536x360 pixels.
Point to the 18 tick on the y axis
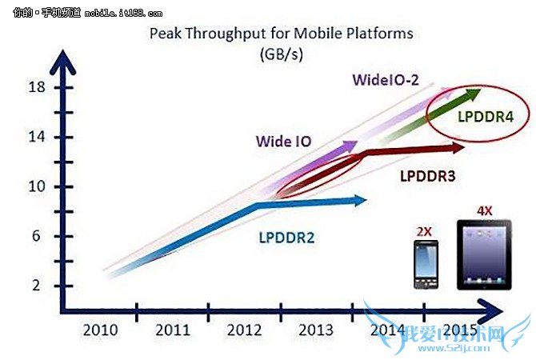[x=35, y=86]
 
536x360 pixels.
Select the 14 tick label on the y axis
[x=35, y=137]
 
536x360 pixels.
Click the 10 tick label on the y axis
[x=35, y=186]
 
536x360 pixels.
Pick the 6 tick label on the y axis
[x=38, y=236]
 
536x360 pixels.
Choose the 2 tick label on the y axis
[x=38, y=286]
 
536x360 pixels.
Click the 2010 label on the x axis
[x=101, y=330]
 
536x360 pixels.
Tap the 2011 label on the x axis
[x=172, y=330]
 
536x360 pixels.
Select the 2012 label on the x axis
[x=242, y=330]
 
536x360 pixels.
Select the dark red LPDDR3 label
[x=428, y=174]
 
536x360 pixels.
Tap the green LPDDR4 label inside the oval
[x=485, y=117]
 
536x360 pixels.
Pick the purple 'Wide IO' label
[x=283, y=142]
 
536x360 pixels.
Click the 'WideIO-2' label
[x=386, y=79]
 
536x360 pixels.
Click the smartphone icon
[x=424, y=264]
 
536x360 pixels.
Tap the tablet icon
[x=485, y=254]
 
